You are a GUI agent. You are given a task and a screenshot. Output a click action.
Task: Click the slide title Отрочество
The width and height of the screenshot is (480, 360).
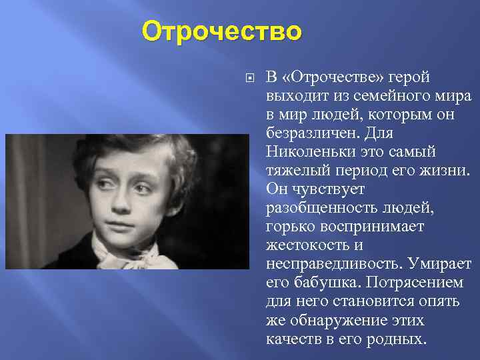point(222,31)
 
